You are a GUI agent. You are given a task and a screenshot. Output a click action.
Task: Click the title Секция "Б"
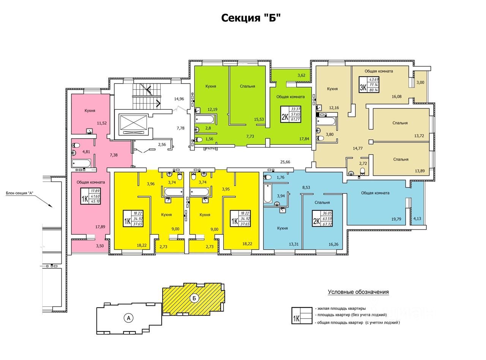pyautogui.click(x=251, y=18)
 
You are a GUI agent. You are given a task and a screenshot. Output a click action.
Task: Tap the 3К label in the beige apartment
pyautogui.click(x=363, y=87)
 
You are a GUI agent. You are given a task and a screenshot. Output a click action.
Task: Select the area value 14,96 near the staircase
pyautogui.click(x=179, y=99)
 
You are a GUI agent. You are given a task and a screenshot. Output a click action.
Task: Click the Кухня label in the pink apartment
pyautogui.click(x=90, y=111)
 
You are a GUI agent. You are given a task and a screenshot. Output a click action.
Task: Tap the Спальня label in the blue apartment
pyautogui.click(x=322, y=202)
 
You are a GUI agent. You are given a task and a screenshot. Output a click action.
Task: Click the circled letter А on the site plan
pyautogui.click(x=129, y=318)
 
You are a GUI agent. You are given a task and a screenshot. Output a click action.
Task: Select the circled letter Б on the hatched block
pyautogui.click(x=194, y=298)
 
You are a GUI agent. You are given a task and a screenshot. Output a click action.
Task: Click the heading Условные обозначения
pyautogui.click(x=358, y=292)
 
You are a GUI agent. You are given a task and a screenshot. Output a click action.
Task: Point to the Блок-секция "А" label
pyautogui.click(x=20, y=193)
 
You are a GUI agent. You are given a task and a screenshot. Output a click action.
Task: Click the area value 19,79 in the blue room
pyautogui.click(x=396, y=219)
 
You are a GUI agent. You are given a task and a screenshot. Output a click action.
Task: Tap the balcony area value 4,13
pyautogui.click(x=417, y=218)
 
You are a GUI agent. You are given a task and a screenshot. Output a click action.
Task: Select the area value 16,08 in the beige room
pyautogui.click(x=396, y=96)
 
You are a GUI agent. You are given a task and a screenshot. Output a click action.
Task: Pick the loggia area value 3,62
pyautogui.click(x=301, y=75)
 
